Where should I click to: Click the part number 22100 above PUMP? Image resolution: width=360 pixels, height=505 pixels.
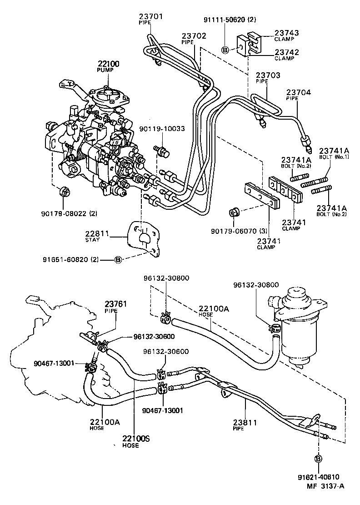(108, 64)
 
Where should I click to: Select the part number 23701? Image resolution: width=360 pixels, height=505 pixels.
(150, 17)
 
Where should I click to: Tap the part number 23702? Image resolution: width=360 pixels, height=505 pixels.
(194, 35)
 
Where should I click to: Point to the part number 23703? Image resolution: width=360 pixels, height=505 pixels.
(268, 75)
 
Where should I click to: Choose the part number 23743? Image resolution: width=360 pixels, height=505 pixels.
(287, 33)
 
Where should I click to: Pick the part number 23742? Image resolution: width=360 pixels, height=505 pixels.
(287, 52)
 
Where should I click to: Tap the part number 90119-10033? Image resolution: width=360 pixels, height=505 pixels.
(162, 129)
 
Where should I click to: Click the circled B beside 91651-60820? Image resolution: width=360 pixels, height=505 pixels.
(118, 260)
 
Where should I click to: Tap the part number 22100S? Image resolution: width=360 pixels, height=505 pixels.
(135, 439)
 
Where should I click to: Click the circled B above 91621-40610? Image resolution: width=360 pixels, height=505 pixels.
(318, 458)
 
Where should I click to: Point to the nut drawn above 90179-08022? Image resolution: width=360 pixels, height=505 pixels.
(64, 192)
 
